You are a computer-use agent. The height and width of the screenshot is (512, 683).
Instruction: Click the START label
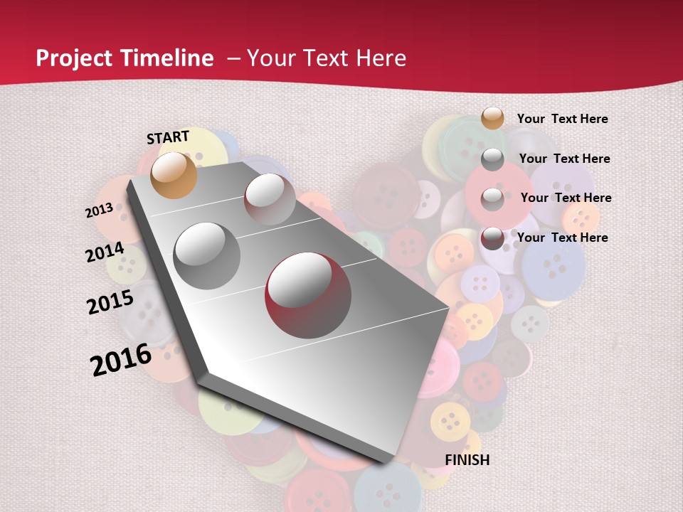[168, 137]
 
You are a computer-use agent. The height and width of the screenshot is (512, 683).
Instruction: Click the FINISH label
[467, 460]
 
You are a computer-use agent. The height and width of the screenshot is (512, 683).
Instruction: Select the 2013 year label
[99, 210]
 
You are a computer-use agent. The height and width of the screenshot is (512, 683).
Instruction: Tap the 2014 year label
[105, 252]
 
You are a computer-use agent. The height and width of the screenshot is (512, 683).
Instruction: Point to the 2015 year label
[110, 302]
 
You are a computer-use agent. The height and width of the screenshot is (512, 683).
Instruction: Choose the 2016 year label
[121, 360]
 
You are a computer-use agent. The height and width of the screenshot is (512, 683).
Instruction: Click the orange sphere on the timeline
[174, 175]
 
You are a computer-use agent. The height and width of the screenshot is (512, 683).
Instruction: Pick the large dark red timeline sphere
[308, 294]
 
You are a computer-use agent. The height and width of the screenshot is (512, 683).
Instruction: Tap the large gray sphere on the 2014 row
[207, 255]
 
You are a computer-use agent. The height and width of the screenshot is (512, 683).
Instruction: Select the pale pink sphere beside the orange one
[270, 199]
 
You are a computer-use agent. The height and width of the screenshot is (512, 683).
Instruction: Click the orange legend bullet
[492, 118]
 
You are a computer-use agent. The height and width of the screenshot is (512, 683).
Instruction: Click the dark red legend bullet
[492, 239]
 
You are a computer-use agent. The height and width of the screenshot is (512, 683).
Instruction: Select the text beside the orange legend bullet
[562, 119]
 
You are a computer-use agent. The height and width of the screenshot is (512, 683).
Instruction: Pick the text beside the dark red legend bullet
[562, 238]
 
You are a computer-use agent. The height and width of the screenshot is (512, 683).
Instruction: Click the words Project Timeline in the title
[125, 58]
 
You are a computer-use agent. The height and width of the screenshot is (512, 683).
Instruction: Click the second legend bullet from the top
[492, 159]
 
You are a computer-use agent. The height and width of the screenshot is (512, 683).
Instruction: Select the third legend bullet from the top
[492, 199]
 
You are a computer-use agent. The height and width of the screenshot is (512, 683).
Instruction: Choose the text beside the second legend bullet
[564, 159]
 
